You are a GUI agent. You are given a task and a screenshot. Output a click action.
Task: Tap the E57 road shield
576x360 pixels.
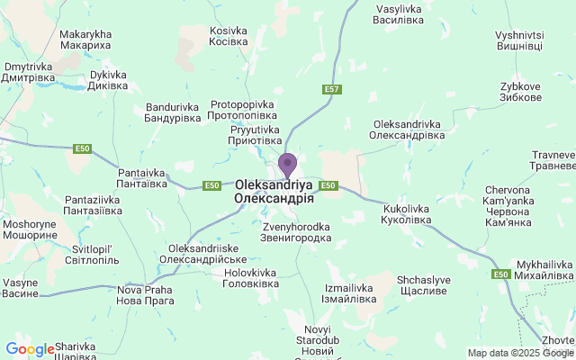332,90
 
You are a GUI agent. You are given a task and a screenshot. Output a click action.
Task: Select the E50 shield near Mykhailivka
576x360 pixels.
501,274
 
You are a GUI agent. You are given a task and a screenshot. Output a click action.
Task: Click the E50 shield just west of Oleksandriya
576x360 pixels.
211,185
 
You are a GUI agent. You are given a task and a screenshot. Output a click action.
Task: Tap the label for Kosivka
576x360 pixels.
229,36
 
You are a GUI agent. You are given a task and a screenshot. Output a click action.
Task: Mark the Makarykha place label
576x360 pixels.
85,40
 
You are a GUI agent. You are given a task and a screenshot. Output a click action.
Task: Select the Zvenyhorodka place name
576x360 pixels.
297,232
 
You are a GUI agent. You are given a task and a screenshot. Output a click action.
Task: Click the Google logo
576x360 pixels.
29,349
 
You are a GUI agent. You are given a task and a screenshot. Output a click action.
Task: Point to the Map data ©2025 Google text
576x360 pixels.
520,353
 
